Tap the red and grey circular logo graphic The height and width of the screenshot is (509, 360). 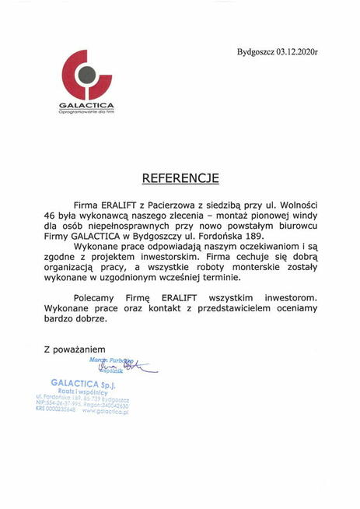click(89, 75)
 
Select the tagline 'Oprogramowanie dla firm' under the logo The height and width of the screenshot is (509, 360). click(91, 114)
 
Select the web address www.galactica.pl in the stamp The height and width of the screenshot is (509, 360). click(105, 412)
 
